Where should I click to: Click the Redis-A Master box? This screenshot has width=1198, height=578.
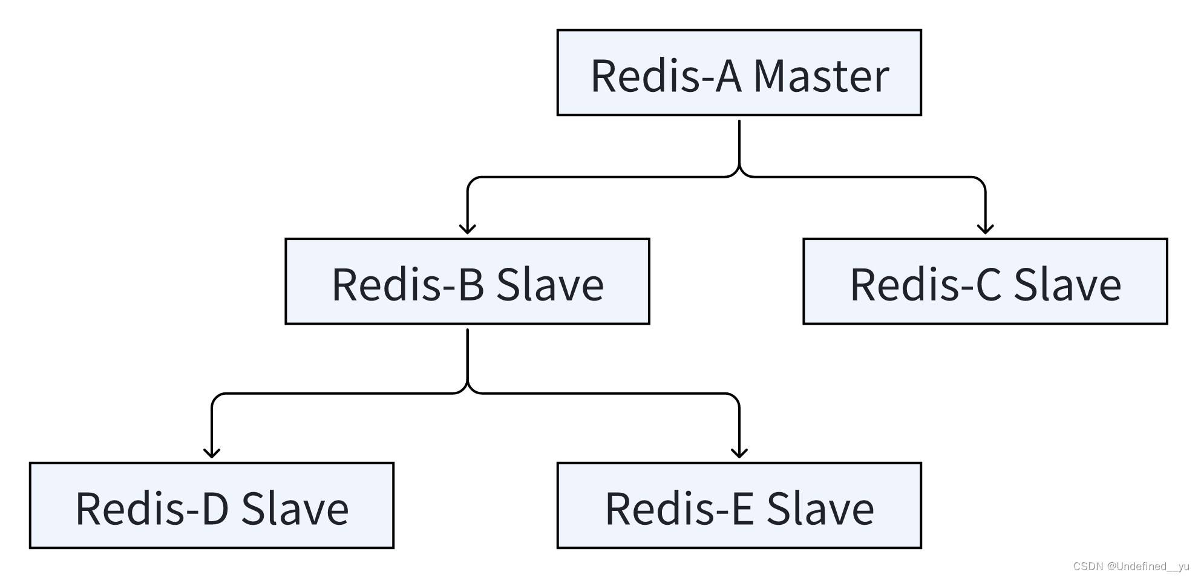click(x=739, y=73)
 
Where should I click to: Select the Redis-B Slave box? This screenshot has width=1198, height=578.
click(x=467, y=282)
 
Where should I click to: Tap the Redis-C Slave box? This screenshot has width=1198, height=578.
click(x=985, y=282)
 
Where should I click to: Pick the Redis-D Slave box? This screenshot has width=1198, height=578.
click(x=212, y=506)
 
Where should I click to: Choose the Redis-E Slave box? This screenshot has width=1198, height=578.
click(x=739, y=506)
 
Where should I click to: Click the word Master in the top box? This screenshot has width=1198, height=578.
click(x=821, y=76)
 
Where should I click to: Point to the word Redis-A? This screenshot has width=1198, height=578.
click(x=666, y=76)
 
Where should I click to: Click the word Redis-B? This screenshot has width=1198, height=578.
click(x=408, y=284)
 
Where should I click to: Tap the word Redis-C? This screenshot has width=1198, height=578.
click(x=926, y=284)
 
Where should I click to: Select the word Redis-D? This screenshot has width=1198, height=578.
click(x=152, y=508)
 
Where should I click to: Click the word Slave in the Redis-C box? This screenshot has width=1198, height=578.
click(x=1067, y=284)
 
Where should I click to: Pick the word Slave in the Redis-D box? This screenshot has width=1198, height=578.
click(x=295, y=508)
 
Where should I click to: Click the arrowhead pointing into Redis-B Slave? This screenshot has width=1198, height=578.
click(x=467, y=229)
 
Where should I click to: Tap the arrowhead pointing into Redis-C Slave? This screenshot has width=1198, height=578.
click(x=985, y=229)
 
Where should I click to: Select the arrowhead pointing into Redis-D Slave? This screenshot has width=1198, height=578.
click(x=212, y=453)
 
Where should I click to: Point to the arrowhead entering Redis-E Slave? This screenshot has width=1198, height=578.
click(x=739, y=453)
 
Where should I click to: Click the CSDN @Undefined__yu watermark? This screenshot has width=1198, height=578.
click(x=1131, y=567)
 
